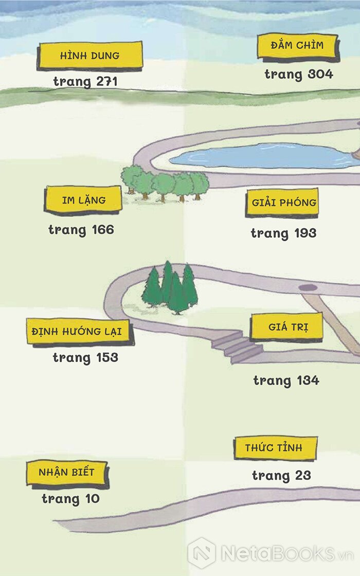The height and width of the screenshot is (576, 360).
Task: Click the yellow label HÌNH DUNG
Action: (x=89, y=56)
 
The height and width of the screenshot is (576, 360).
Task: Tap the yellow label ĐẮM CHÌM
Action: (x=297, y=46)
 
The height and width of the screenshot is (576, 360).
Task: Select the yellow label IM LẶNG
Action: (x=83, y=200)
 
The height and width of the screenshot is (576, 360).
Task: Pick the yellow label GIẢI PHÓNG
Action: (x=282, y=203)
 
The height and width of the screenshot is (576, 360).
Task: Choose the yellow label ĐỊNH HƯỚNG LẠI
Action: (x=79, y=332)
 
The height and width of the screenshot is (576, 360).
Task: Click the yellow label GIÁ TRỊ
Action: (x=287, y=327)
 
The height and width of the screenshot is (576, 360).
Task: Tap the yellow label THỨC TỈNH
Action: (x=276, y=448)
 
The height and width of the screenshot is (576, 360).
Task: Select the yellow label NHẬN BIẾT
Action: (x=67, y=473)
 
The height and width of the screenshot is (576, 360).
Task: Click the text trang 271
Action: (x=85, y=82)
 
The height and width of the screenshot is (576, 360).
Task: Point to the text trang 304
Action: (x=299, y=75)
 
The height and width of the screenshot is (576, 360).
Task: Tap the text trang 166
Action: (x=81, y=230)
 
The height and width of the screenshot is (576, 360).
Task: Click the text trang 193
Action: (x=283, y=233)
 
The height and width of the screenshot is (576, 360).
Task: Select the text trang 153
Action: (x=85, y=358)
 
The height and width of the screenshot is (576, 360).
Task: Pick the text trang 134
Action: (x=286, y=381)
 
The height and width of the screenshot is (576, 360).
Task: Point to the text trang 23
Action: (x=281, y=476)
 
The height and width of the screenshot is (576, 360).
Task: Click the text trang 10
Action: (x=70, y=499)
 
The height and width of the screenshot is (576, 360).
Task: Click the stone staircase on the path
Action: (x=236, y=347)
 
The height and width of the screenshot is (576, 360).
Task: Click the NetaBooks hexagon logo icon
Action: (x=202, y=553)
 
